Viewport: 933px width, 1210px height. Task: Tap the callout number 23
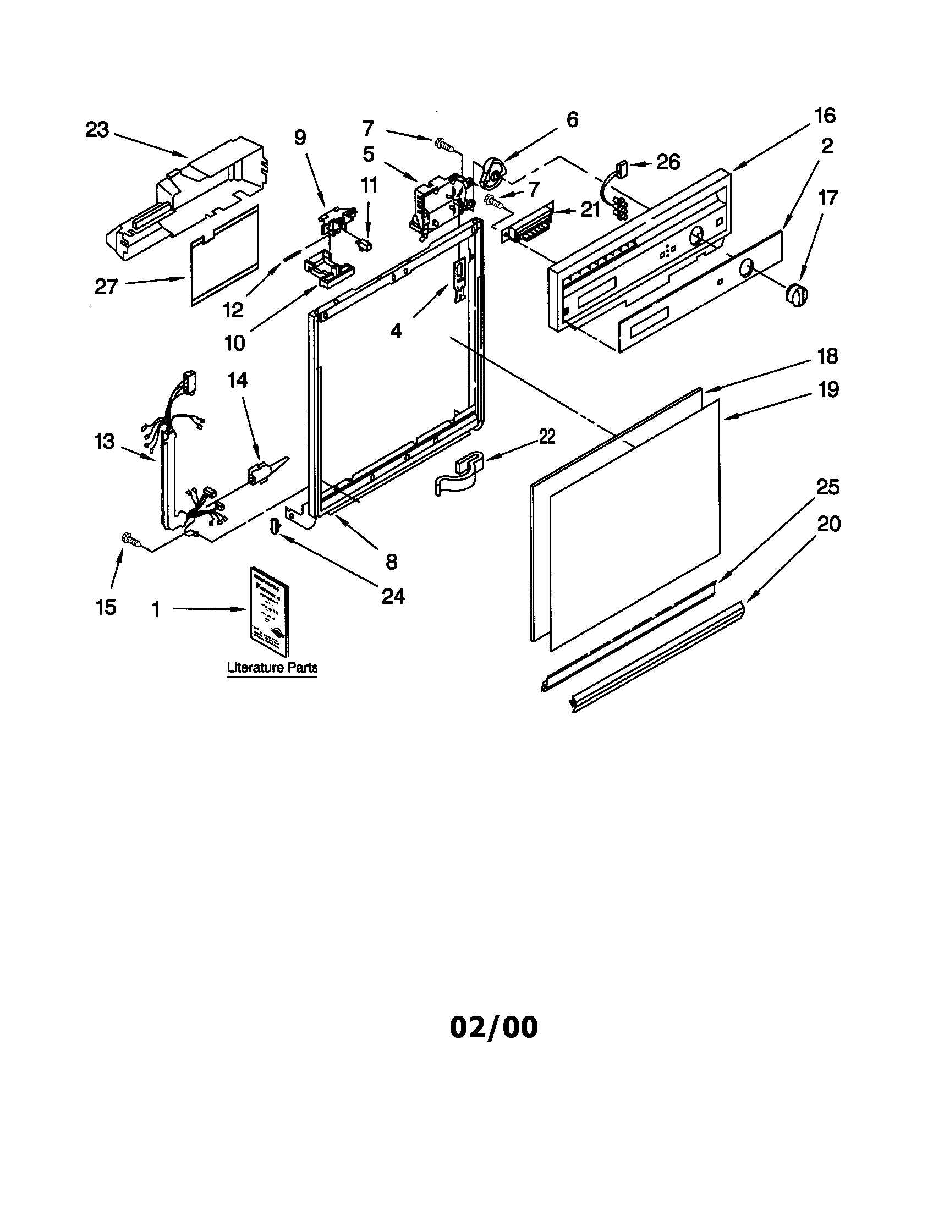(97, 130)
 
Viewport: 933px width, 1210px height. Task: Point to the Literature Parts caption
(272, 668)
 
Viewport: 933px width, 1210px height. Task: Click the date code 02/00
(493, 1027)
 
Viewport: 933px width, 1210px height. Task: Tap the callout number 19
(828, 390)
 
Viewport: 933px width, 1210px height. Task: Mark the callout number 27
(106, 287)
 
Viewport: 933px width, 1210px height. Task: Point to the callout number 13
(104, 442)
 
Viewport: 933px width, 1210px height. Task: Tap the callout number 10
(234, 344)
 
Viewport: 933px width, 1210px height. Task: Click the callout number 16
(825, 116)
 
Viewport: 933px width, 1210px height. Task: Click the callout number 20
(829, 524)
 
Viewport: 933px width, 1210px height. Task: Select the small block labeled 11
(365, 244)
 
